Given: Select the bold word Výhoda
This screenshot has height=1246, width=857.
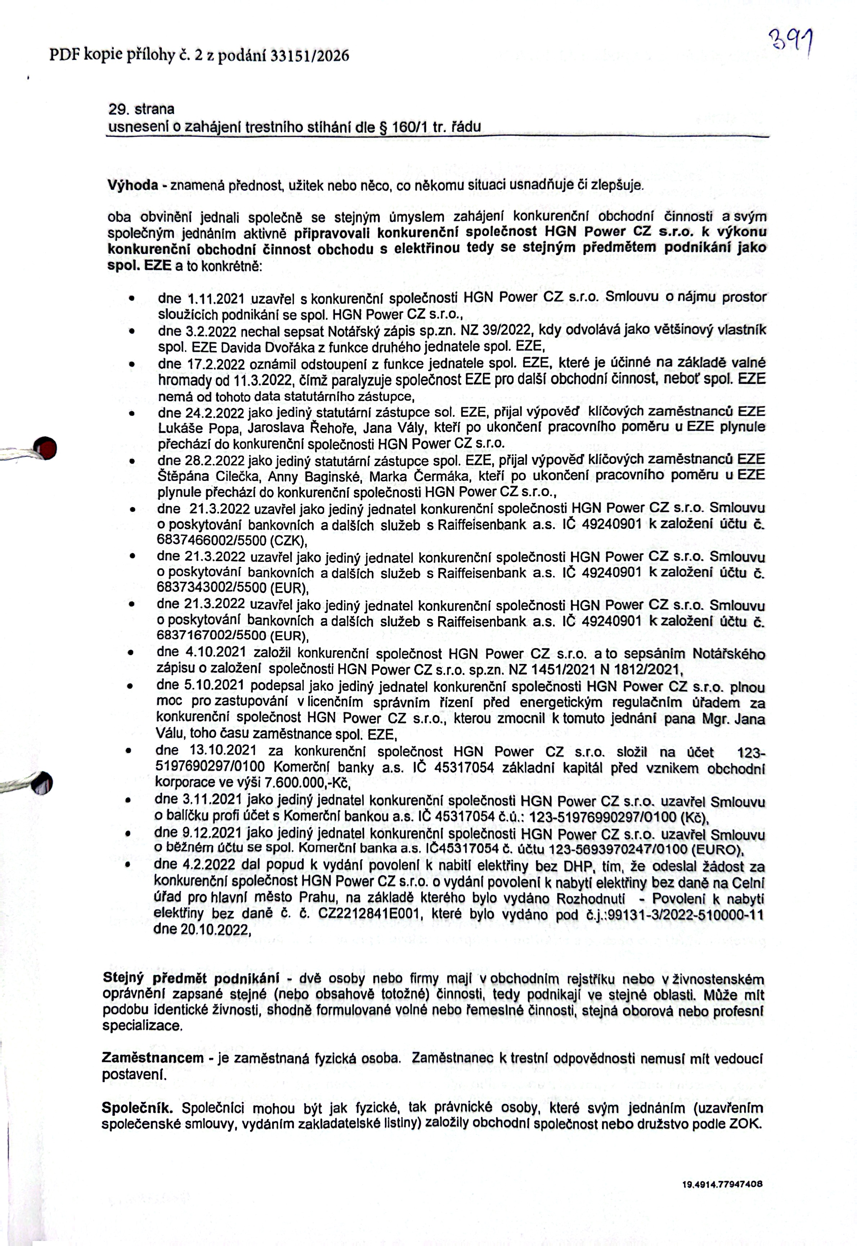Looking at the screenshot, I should point(133,185).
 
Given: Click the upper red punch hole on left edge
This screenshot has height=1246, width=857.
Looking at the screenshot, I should point(45,447).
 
